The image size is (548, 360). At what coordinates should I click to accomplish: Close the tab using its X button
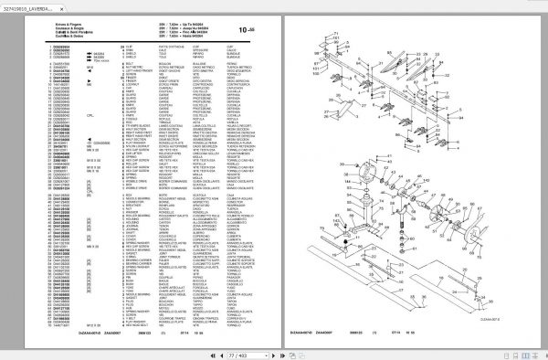coord(100,8)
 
